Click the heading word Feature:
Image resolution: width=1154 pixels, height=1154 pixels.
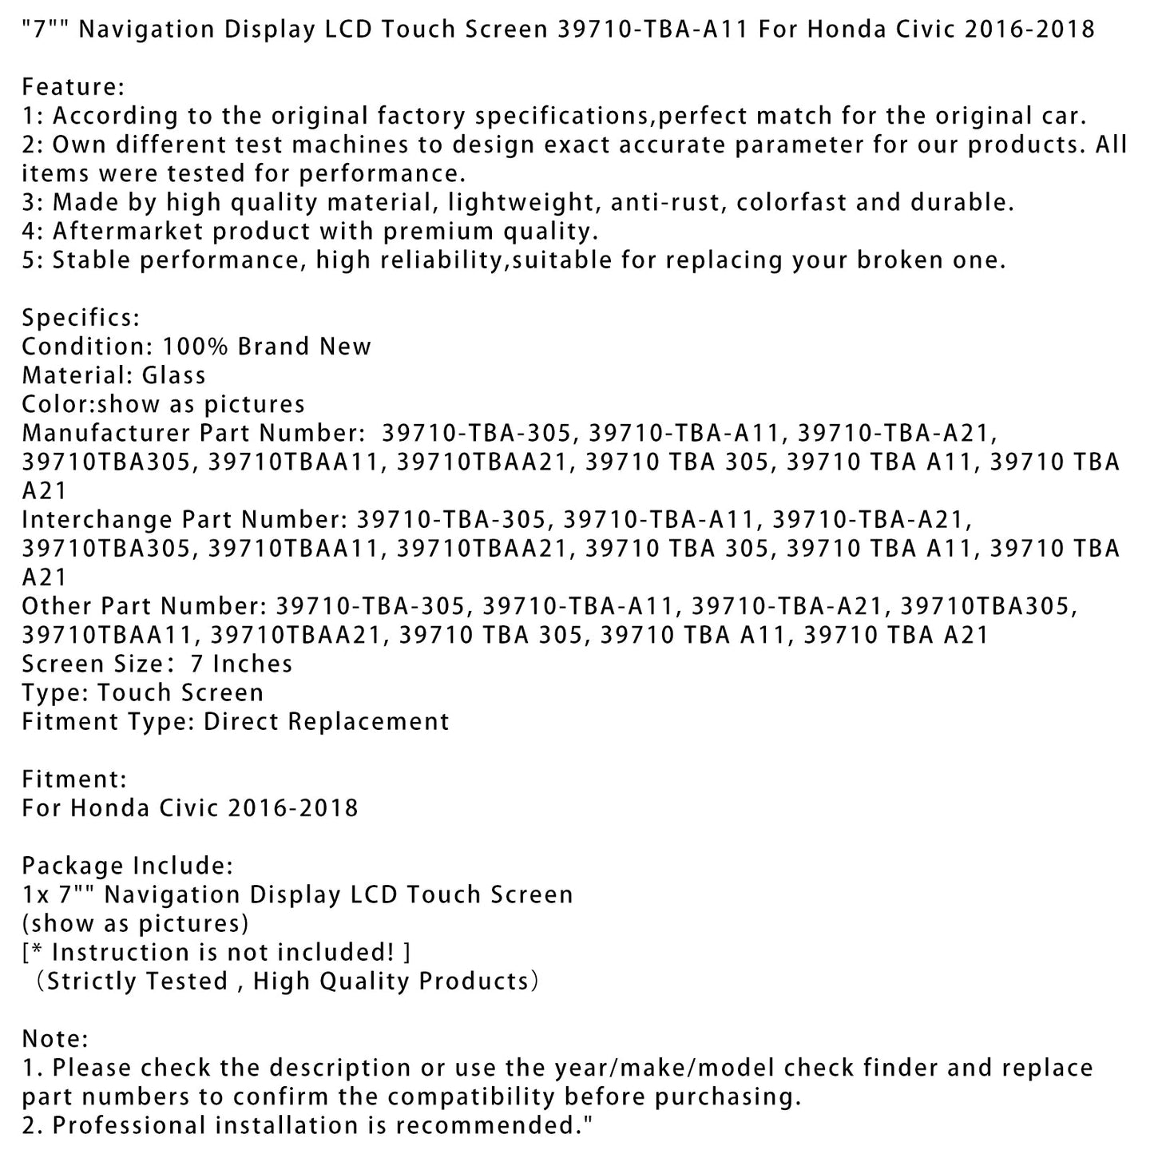[73, 87]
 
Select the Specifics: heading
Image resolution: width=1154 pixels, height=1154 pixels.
[81, 318]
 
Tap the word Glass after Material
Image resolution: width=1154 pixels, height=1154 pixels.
[173, 375]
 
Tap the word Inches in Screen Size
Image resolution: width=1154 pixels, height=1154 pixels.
[252, 664]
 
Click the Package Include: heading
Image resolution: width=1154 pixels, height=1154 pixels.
[127, 866]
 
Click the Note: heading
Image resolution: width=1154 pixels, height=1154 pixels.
[54, 1039]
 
